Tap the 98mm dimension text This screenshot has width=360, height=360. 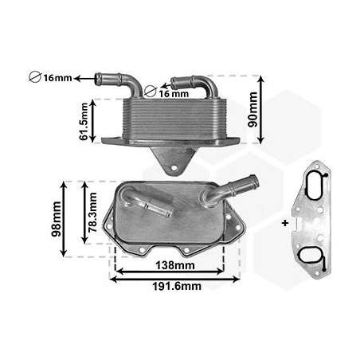pos(57,217)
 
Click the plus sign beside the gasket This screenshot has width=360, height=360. pos(284,222)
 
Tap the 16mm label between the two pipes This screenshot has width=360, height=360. pos(174,93)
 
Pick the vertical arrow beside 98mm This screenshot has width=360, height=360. pos(66,217)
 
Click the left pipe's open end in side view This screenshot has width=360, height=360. pos(100,78)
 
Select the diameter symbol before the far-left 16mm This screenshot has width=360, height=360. pos(34,78)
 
